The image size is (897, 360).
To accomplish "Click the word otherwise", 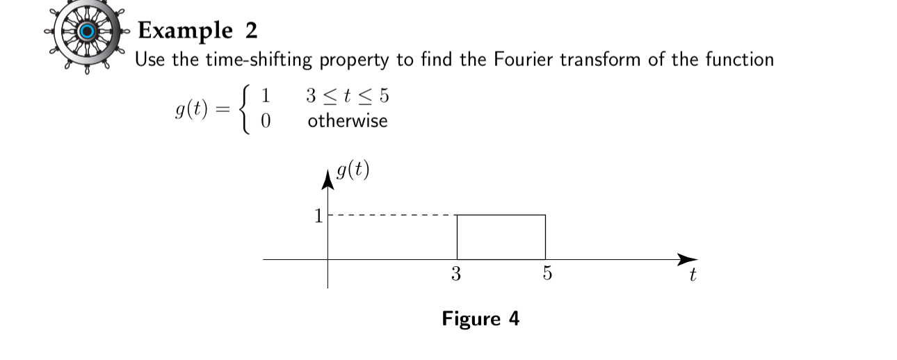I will tap(347, 121).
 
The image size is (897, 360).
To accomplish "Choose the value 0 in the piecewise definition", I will tap(265, 122).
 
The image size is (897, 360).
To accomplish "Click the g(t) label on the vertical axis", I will tap(352, 170).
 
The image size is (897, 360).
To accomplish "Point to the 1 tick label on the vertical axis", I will tap(318, 216).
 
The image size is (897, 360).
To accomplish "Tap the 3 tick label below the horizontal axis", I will tap(456, 274).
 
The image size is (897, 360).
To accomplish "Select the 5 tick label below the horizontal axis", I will tap(547, 274).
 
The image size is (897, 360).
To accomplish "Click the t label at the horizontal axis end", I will tap(693, 276).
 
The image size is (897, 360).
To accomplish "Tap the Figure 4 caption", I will tap(480, 319).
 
